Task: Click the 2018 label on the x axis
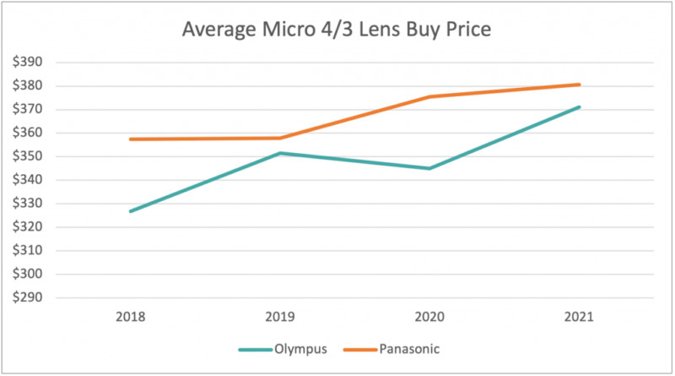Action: pos(132,318)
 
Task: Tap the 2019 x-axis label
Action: pos(281,318)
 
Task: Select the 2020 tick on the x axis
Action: pos(430,318)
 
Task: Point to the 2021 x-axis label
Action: pos(580,318)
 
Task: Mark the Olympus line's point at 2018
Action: pos(132,211)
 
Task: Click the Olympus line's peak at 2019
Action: pos(281,153)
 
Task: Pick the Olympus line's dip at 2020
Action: pos(430,168)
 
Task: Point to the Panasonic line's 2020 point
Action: pos(430,96)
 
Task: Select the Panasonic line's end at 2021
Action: pos(580,84)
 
